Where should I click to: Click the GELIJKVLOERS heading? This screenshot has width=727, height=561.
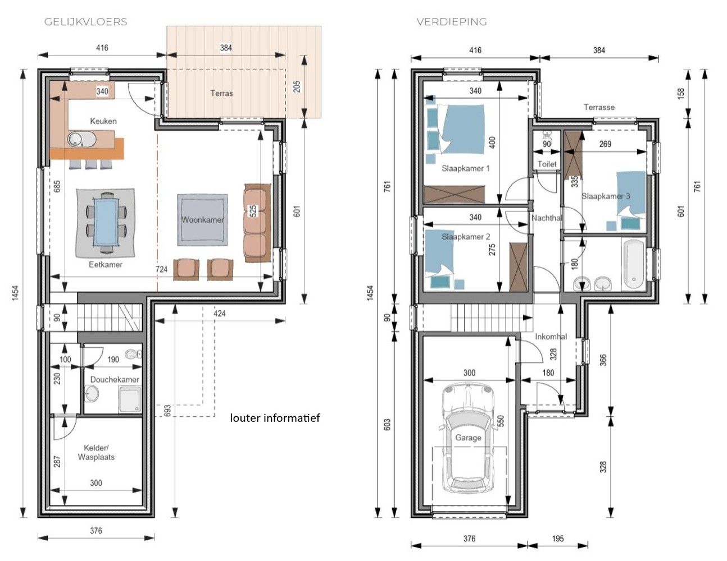(x=85, y=22)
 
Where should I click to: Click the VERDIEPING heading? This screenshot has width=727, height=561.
(x=452, y=22)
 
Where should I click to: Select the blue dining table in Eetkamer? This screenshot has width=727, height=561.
(x=106, y=222)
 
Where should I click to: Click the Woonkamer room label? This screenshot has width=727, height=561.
(x=202, y=219)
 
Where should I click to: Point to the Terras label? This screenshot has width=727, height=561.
(x=221, y=93)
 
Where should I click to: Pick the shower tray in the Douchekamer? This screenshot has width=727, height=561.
(x=130, y=399)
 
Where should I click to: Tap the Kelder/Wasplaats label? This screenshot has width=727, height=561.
(x=96, y=452)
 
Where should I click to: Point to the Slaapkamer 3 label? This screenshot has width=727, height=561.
(x=606, y=196)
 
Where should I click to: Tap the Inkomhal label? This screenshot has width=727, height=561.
(x=551, y=337)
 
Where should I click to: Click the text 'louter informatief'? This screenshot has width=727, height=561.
(x=275, y=418)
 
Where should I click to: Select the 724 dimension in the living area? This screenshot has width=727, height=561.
(x=162, y=269)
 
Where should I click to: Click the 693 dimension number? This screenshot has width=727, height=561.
(x=167, y=411)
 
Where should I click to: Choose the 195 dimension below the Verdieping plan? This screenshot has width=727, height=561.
(x=558, y=539)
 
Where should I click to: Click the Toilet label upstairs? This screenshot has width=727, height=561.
(x=547, y=164)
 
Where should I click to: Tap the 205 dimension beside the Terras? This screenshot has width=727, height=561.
(x=297, y=86)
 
